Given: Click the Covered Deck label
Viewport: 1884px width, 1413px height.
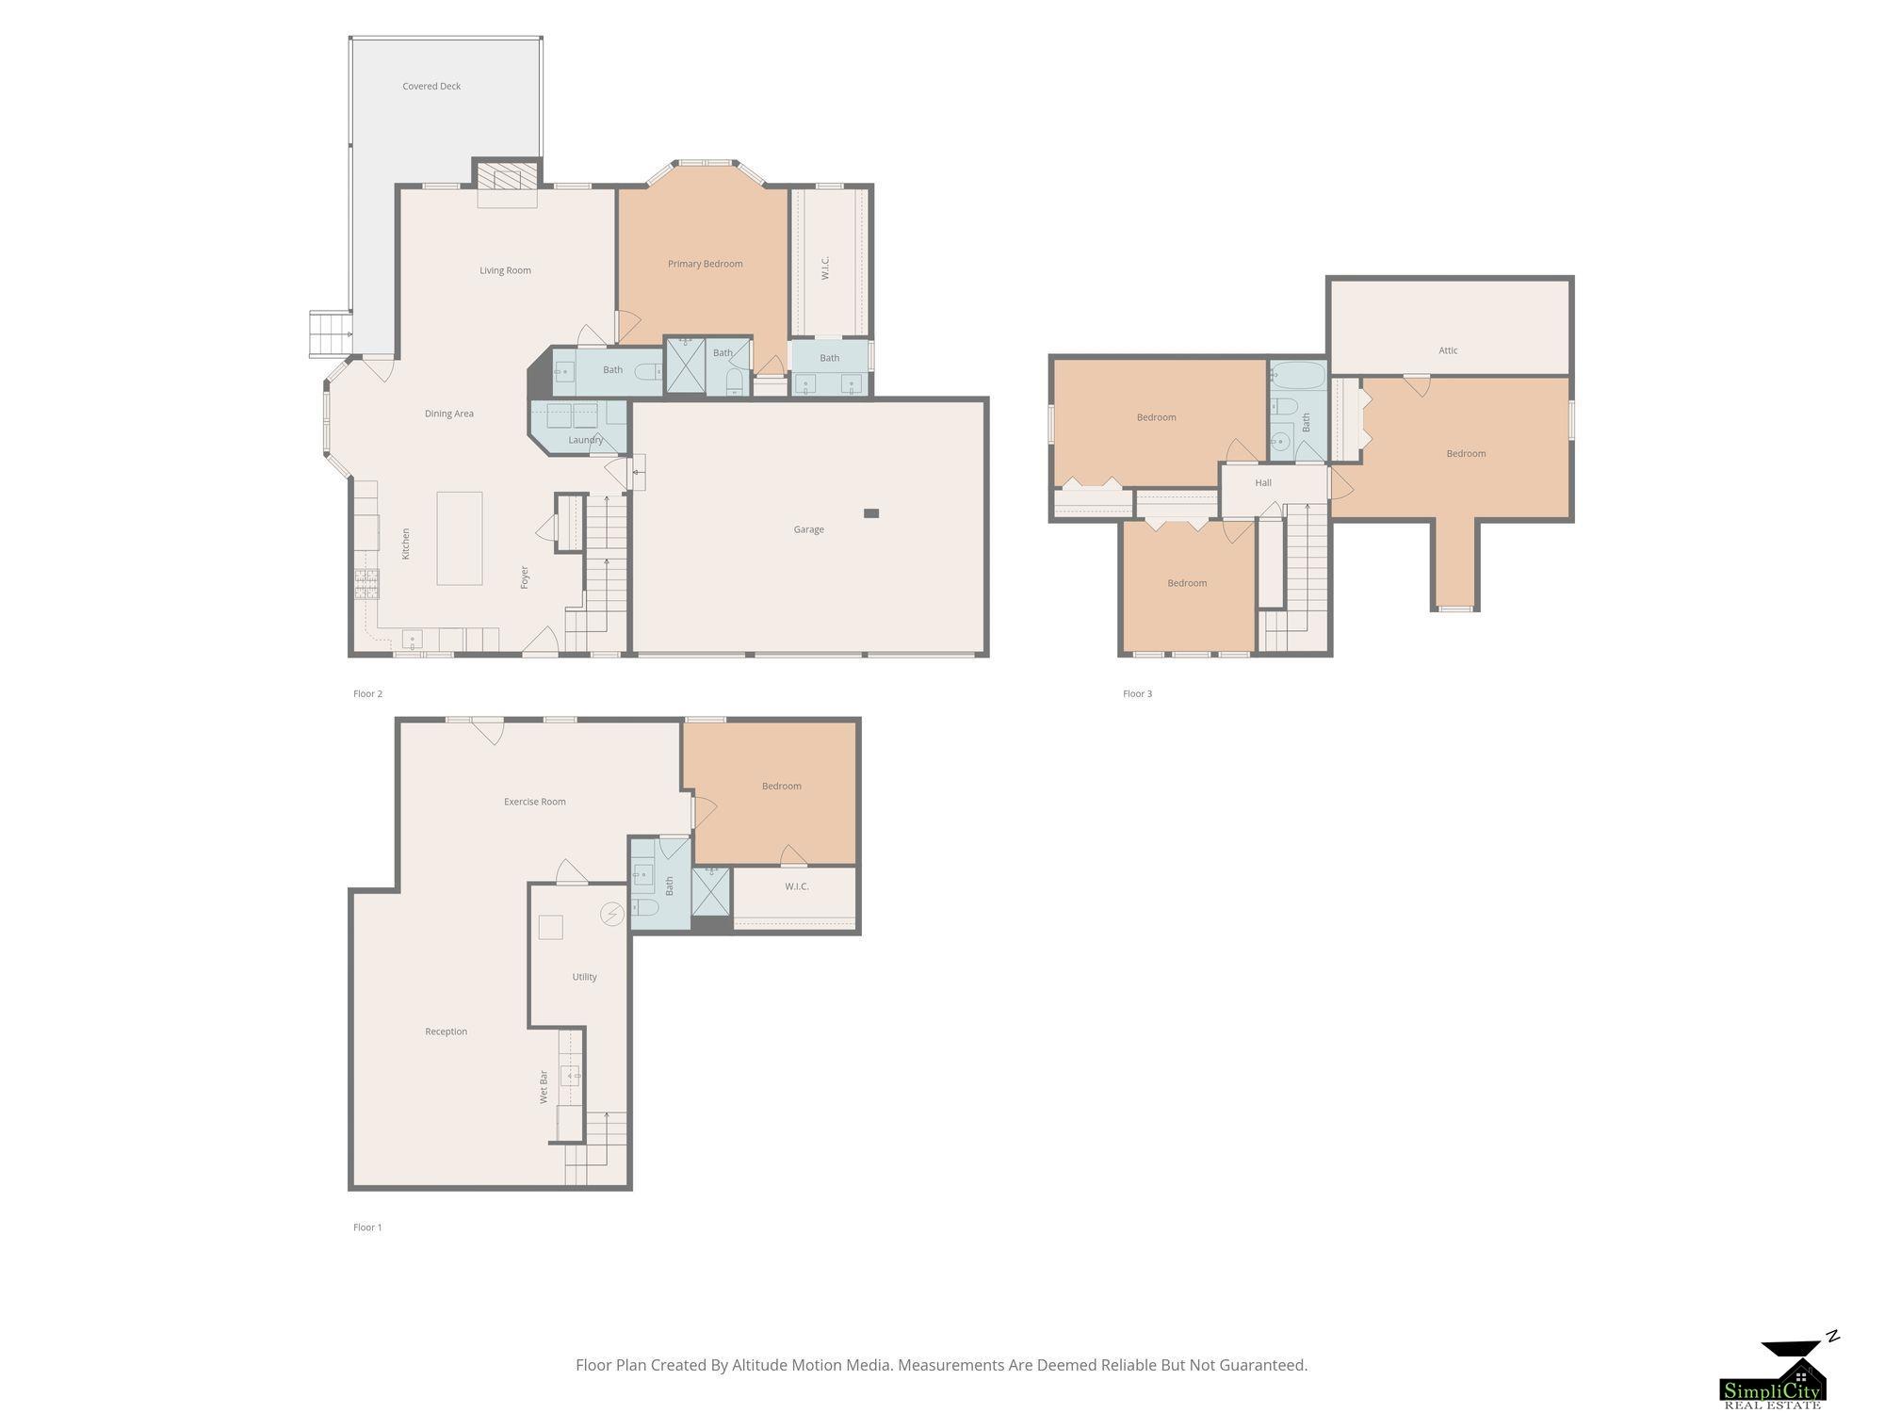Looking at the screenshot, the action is (x=431, y=87).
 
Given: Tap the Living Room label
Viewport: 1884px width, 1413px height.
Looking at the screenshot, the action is (x=505, y=271).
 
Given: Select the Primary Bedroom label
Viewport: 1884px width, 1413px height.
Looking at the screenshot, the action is (x=706, y=265).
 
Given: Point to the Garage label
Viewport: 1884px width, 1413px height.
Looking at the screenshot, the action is (x=808, y=529).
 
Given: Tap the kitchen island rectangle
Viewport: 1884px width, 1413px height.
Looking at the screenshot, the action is (x=460, y=538).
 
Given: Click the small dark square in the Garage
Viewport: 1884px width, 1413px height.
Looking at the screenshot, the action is (x=871, y=513).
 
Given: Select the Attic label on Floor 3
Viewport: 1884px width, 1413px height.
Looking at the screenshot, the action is (x=1448, y=350).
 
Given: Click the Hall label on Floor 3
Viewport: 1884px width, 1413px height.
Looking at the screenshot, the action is (x=1263, y=483).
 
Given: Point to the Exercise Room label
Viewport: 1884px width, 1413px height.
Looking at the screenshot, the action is (x=535, y=803).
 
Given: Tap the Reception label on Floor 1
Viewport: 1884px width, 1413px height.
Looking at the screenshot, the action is (x=447, y=1031).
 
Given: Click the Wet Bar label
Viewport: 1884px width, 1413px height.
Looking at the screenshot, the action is (x=544, y=1087).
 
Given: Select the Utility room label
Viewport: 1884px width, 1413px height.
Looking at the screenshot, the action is (x=584, y=977).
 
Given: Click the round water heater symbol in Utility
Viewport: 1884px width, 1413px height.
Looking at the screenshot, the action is (x=612, y=914).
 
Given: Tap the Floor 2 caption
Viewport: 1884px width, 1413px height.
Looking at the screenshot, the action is (x=367, y=694).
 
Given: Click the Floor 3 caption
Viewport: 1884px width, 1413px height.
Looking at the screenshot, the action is (x=1137, y=694).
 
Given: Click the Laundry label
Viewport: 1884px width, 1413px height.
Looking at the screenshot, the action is (x=586, y=440).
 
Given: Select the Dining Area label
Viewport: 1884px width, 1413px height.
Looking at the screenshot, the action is (x=449, y=414).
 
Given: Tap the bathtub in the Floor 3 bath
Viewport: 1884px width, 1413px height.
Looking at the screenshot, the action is (x=1298, y=377).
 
